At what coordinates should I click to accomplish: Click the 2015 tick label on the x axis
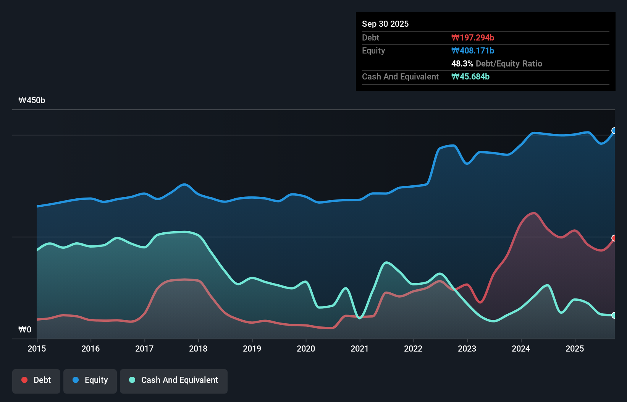[x=37, y=349]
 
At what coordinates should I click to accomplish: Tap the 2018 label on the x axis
[x=198, y=349]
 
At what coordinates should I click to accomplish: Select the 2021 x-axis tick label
[x=360, y=349]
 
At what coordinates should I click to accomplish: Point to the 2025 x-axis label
[x=575, y=349]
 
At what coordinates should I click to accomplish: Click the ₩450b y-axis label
[x=32, y=100]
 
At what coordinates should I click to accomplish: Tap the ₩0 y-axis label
[x=25, y=329]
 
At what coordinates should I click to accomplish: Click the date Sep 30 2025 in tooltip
[x=385, y=24]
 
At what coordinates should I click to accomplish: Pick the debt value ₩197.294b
[x=472, y=37]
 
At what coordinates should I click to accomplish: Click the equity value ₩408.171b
[x=472, y=50]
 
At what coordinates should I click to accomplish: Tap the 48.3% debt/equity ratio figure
[x=462, y=63]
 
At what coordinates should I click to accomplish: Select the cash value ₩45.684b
[x=470, y=76]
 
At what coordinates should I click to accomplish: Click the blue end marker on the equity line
[x=614, y=131]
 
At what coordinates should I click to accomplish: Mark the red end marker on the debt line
[x=614, y=238]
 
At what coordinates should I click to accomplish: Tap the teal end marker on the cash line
[x=614, y=315]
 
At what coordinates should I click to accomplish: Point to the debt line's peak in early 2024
[x=533, y=213]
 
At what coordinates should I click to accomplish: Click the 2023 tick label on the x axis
[x=467, y=349]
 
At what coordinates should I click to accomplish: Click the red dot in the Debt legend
[x=24, y=380]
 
